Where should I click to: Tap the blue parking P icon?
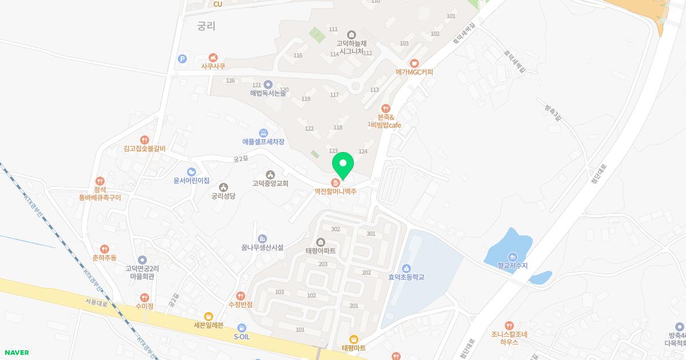pyautogui.click(x=182, y=58)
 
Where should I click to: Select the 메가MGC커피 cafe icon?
pyautogui.click(x=414, y=63)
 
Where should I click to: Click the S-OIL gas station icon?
pyautogui.click(x=242, y=327)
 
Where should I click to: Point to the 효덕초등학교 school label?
pyautogui.click(x=406, y=277)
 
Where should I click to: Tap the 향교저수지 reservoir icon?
pyautogui.click(x=512, y=257)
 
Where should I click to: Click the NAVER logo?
pyautogui.click(x=15, y=353)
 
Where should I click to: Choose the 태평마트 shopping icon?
pyautogui.click(x=353, y=339)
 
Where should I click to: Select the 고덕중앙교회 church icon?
pyautogui.click(x=270, y=174)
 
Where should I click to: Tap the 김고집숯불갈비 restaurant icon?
pyautogui.click(x=144, y=139)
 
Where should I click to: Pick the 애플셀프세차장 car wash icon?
pyautogui.click(x=263, y=132)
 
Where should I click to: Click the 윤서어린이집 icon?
pyautogui.click(x=192, y=171)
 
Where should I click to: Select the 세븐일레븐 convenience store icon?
pyautogui.click(x=209, y=316)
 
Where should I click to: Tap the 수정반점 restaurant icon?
pyautogui.click(x=240, y=295)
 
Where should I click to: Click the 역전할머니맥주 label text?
pyautogui.click(x=336, y=192)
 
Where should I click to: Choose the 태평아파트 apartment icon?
pyautogui.click(x=320, y=241)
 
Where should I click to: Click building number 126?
pyautogui.click(x=230, y=81)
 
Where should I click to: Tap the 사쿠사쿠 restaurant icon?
pyautogui.click(x=213, y=57)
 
